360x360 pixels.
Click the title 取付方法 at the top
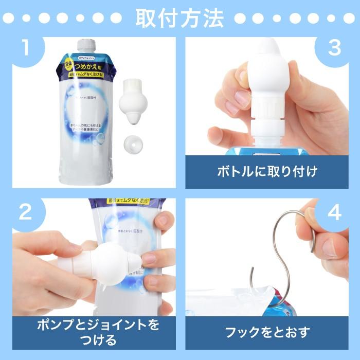click(179, 18)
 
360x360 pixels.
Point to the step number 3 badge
click(335, 49)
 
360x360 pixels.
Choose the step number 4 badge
click(335, 212)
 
